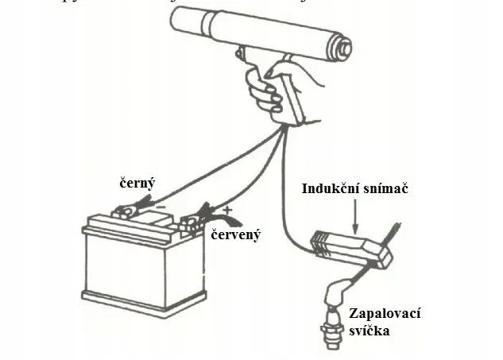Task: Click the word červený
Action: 236,235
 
